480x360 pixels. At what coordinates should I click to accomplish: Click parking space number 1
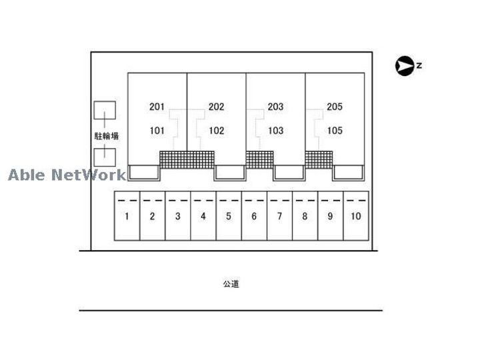[127, 216]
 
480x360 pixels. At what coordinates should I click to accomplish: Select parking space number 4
[203, 216]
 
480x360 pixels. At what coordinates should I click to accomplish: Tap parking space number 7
[279, 216]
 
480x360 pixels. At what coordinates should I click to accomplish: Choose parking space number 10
[355, 216]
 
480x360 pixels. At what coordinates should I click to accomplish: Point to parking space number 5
[228, 216]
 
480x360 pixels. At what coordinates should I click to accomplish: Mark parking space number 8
[305, 216]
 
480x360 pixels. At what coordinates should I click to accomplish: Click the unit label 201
[157, 107]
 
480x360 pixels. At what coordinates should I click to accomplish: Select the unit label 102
[216, 131]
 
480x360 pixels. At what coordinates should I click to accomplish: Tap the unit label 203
[275, 107]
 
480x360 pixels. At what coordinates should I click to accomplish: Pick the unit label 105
[335, 131]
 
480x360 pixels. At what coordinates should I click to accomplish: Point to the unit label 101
[157, 131]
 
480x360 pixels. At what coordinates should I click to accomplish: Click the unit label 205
[335, 107]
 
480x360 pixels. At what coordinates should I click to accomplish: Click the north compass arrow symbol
[404, 65]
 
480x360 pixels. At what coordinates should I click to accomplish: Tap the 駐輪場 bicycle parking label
[106, 135]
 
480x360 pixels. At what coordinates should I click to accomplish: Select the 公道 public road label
[231, 284]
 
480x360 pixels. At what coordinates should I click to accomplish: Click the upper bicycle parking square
[104, 111]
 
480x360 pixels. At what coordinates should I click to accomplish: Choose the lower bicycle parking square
[104, 157]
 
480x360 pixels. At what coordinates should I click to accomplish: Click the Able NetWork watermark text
[67, 175]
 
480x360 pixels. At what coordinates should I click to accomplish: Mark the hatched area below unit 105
[319, 159]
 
